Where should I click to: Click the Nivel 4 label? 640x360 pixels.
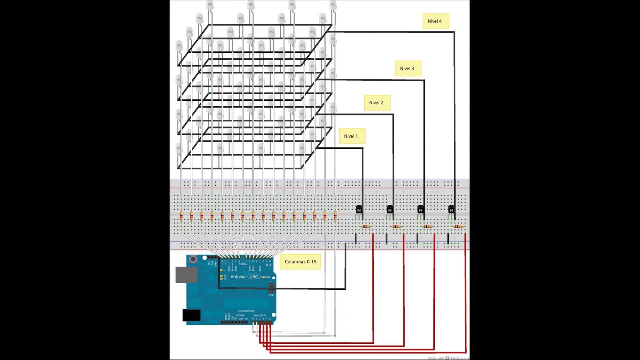point(435,21)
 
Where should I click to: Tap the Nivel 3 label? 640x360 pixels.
point(407,68)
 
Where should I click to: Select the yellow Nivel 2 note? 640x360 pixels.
point(376,103)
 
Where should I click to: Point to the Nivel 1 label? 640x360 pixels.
point(351,136)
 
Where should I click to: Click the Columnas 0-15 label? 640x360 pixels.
point(300,262)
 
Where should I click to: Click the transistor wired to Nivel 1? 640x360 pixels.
point(359,209)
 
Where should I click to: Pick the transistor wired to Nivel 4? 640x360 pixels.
point(451,209)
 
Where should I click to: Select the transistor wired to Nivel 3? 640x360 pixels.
point(420,209)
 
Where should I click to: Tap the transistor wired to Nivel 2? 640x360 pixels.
point(390,209)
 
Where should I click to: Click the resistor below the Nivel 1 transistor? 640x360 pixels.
point(366,227)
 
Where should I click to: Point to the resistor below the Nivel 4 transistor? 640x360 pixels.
point(458,227)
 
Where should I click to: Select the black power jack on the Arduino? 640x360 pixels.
point(191,315)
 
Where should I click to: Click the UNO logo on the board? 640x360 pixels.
point(254,277)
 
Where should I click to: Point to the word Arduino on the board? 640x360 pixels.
point(238,277)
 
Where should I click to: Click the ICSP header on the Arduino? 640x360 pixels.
point(272,288)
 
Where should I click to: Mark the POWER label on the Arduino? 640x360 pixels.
point(240,315)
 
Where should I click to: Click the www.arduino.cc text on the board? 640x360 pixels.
point(246,310)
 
